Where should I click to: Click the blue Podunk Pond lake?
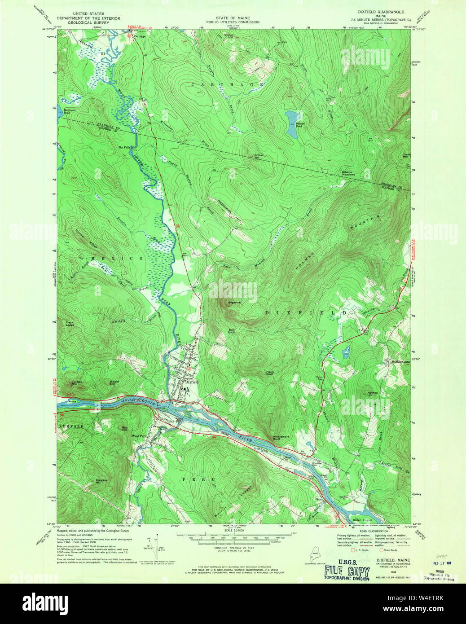coord(290,124)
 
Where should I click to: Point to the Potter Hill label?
coord(257,155)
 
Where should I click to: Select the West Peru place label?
coord(139,436)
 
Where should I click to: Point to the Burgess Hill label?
coord(101,481)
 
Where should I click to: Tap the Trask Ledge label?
coord(70,324)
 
